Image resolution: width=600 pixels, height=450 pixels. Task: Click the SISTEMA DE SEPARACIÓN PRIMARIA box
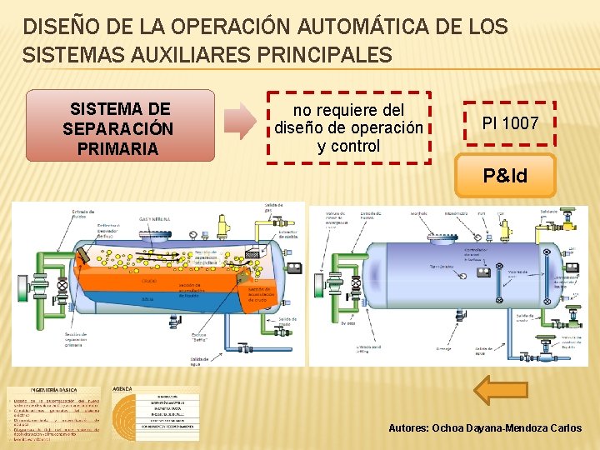pos(120,128)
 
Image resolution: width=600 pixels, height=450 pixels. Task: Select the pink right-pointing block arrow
pos(242,122)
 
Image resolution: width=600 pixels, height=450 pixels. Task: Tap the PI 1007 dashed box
pos(510,123)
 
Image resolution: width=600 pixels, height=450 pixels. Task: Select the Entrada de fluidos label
pos(84,214)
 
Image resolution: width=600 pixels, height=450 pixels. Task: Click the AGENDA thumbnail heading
pos(122,389)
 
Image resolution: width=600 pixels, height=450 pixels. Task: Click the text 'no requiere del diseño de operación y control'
pos(348,127)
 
